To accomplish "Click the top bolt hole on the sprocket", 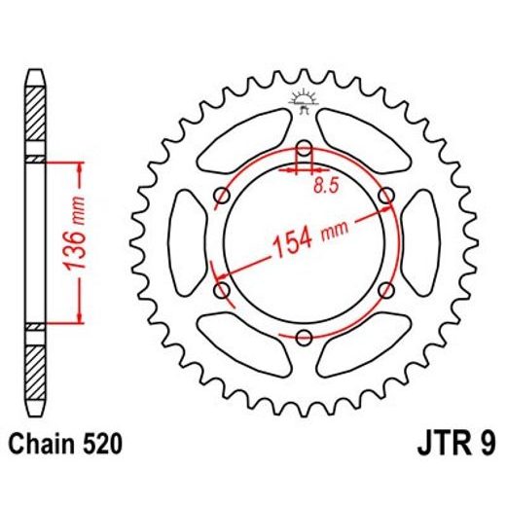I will click(304, 150).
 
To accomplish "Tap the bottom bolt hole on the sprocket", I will click(304, 338).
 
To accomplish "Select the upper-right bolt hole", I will click(386, 198).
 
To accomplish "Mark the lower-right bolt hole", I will click(386, 290).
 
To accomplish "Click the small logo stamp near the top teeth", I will click(304, 101).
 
